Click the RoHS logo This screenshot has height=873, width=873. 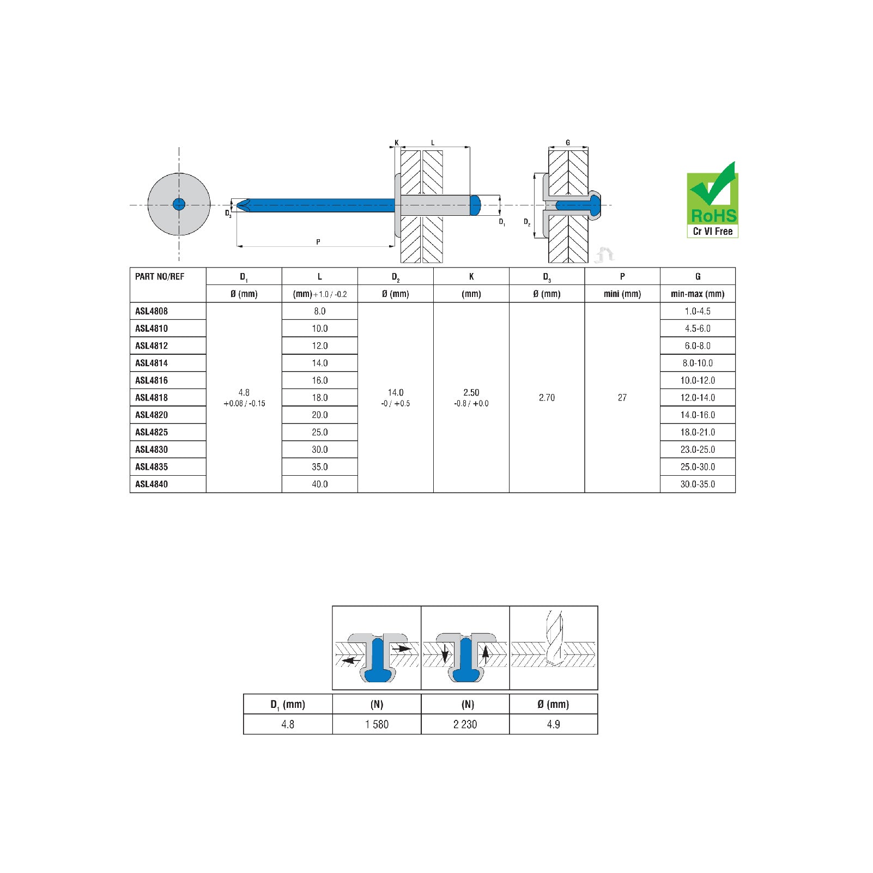pos(712,199)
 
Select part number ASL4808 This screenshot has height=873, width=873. pos(151,311)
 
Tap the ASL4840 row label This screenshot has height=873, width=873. pos(151,484)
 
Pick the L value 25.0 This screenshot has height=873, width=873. pos(320,432)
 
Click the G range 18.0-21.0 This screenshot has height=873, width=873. pos(698,432)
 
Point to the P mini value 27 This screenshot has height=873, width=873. pos(622,398)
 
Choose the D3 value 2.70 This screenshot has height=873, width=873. pos(547,398)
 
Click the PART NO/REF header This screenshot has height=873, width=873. pos(160,276)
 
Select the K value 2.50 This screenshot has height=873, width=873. pos(471,392)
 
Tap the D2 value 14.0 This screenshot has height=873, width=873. pos(396,392)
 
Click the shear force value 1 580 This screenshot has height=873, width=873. pos(377,724)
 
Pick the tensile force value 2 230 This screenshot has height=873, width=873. pos(465,724)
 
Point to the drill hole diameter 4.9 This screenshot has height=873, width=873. pos(554,724)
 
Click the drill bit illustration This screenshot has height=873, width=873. pos(554,638)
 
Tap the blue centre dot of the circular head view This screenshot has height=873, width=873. pos(179,204)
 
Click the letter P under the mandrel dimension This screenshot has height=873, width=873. pos(318,242)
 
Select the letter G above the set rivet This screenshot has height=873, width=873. pos(568,143)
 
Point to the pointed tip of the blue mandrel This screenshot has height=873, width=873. pos(237,205)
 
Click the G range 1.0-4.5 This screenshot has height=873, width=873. pos(698,311)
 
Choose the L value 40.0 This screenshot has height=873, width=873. pos(320,484)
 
